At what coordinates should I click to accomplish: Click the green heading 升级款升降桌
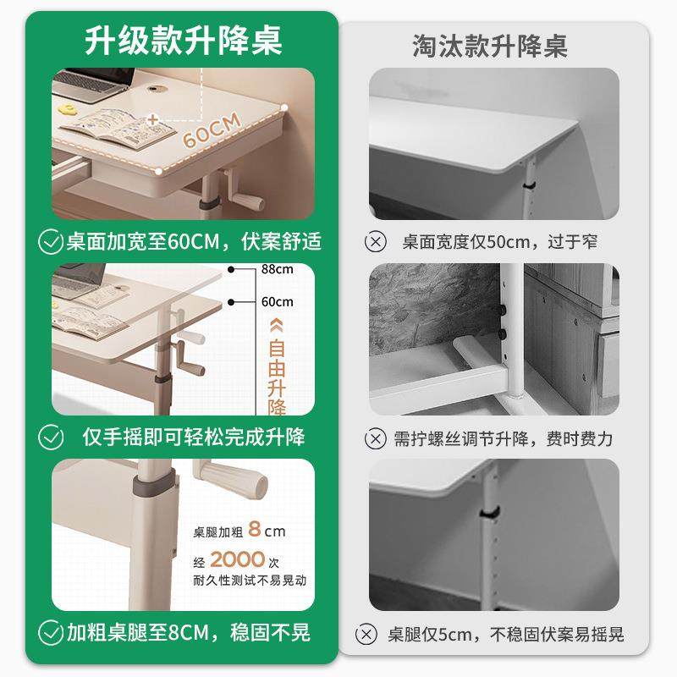tap(184, 40)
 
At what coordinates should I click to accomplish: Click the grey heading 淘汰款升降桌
tap(490, 45)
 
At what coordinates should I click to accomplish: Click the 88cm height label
tap(277, 270)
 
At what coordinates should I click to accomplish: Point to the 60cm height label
tap(277, 302)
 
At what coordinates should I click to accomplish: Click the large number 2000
tap(238, 559)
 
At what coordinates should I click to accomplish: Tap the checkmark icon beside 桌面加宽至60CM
tap(52, 242)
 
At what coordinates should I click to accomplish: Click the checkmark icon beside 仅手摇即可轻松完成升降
tap(52, 437)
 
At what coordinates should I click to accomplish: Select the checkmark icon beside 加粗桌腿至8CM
tap(52, 631)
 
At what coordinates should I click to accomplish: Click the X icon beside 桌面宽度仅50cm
tap(375, 242)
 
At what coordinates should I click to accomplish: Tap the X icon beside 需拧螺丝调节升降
tap(375, 438)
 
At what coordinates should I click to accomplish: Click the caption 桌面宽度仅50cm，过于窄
tap(499, 242)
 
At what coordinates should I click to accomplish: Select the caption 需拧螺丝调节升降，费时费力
tap(503, 438)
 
